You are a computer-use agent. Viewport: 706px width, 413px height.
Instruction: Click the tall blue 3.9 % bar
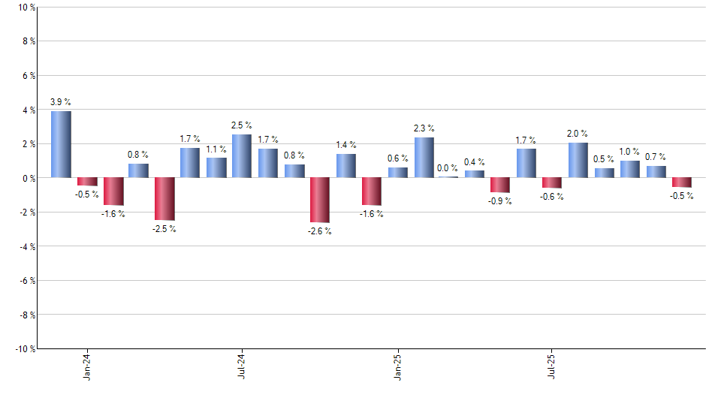(61, 144)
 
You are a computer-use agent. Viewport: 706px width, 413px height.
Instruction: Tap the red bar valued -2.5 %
(164, 199)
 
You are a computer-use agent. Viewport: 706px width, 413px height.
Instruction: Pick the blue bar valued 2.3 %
(424, 158)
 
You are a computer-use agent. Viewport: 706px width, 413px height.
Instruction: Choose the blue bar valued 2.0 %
(578, 160)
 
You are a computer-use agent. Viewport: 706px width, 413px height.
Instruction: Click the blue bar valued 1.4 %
(345, 166)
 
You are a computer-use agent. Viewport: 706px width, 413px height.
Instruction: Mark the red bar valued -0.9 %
(501, 185)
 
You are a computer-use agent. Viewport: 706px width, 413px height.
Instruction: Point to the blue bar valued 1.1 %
(216, 167)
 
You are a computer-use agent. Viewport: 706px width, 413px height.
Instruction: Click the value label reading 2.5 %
(242, 125)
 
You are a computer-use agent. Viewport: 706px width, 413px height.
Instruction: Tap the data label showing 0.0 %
(448, 168)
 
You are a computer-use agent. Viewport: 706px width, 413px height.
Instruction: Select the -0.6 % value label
(552, 197)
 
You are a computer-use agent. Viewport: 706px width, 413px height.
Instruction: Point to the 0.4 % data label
(475, 162)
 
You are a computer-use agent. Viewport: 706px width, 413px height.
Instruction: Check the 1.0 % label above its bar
(630, 152)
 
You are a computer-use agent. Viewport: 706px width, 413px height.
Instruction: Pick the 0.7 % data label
(656, 157)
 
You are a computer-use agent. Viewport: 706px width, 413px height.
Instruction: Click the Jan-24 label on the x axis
(87, 366)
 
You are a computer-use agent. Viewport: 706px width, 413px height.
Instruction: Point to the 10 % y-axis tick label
(26, 8)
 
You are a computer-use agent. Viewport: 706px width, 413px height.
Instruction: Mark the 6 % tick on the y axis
(28, 76)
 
